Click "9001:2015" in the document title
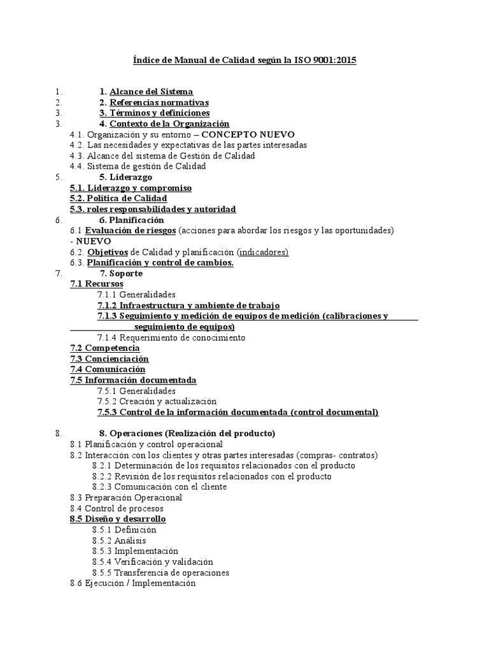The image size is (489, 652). point(336,60)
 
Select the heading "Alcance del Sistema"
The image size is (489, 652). point(151,92)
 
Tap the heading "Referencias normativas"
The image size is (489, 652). point(159,103)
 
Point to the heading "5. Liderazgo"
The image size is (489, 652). point(125,177)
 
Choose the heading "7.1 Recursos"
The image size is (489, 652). point(97,284)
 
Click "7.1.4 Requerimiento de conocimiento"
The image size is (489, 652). point(171,337)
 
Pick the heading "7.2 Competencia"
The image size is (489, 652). point(104,348)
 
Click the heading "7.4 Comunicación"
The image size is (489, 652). point(108,369)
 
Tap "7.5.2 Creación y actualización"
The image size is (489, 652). point(157,402)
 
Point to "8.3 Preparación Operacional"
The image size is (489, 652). point(126,498)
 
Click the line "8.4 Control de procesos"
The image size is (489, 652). point(117,509)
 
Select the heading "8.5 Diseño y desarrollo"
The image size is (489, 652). point(117,519)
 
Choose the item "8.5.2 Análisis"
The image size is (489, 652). point(119,541)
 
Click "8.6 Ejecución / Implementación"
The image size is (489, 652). point(132,583)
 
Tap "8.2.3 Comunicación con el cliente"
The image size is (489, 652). point(159,487)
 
